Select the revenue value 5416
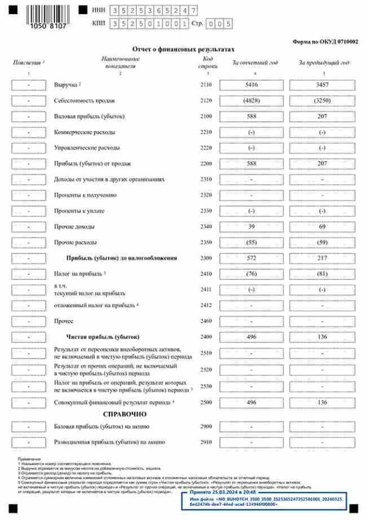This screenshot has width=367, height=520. point(252,85)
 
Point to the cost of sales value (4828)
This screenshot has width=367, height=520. point(252,101)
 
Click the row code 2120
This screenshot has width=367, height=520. point(206,101)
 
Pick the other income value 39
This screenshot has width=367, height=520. point(252,226)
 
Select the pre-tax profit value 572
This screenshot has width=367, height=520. point(252,258)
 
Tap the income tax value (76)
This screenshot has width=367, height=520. point(252,274)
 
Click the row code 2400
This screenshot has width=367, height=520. point(206,336)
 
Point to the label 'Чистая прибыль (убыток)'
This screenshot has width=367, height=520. point(103,336)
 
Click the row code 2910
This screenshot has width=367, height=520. point(206,442)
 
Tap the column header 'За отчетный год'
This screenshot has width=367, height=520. point(255,63)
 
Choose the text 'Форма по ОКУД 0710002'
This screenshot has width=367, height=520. point(325,42)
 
